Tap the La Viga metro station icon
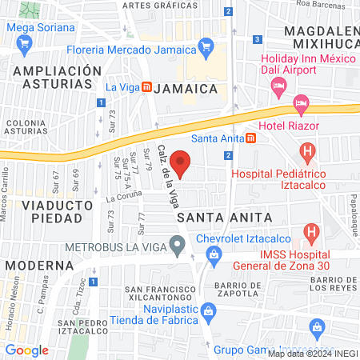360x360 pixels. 146,87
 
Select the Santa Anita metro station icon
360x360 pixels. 251,138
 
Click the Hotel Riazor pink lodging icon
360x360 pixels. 301,102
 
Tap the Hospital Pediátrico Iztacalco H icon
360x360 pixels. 308,150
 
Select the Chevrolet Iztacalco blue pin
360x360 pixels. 214,254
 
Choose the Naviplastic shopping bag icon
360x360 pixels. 208,309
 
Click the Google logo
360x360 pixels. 27,350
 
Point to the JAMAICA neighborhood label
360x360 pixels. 186,86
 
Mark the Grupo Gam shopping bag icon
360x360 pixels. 317,326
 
